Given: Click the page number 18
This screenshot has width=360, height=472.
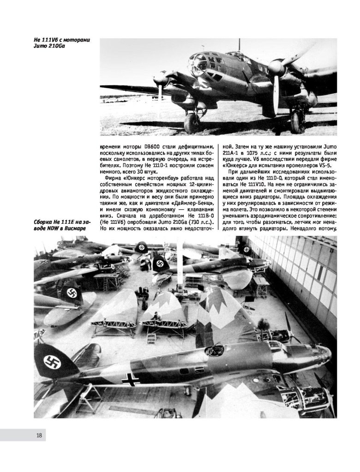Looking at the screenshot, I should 39,435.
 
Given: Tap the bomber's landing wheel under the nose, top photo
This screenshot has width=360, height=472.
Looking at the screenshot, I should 192,123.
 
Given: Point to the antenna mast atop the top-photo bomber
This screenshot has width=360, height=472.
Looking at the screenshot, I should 238,45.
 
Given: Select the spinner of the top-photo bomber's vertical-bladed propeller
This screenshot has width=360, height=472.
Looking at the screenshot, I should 276,70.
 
